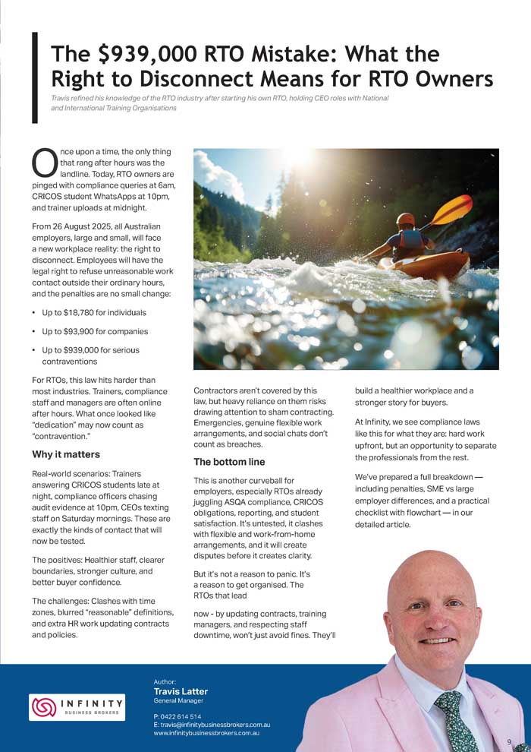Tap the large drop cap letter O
pyautogui.click(x=44, y=160)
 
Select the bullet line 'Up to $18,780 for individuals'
pyautogui.click(x=90, y=312)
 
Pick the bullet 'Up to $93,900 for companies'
pyautogui.click(x=90, y=331)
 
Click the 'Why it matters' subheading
pyautogui.click(x=66, y=454)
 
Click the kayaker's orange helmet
pyautogui.click(x=407, y=220)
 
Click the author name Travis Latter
pyautogui.click(x=181, y=691)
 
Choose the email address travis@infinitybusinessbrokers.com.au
pyautogui.click(x=212, y=725)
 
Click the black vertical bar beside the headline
pyautogui.click(x=33, y=78)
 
